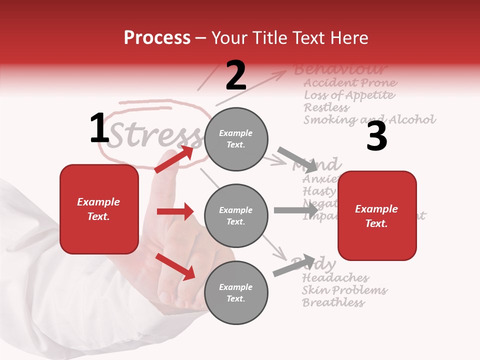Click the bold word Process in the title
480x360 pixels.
click(157, 37)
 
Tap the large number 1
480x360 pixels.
click(99, 128)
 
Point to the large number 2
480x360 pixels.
click(236, 75)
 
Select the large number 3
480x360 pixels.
click(376, 136)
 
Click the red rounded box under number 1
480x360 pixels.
click(99, 209)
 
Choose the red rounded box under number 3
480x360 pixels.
click(377, 215)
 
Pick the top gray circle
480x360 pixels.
click(236, 139)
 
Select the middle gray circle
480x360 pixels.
click(236, 215)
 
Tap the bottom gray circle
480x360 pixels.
click(236, 292)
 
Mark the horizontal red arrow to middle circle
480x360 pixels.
click(175, 212)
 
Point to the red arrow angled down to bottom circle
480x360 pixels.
click(175, 266)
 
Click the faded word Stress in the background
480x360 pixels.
click(155, 135)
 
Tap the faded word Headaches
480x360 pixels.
click(335, 278)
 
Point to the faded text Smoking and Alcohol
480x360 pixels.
click(369, 120)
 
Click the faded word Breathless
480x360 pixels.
click(333, 302)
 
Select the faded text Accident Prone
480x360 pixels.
click(350, 83)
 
